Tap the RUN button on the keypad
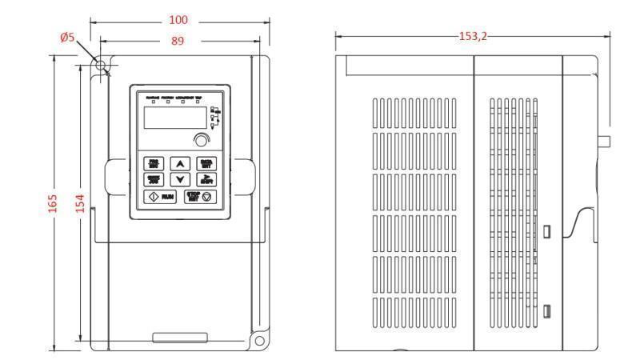[158, 196]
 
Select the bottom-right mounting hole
[260, 341]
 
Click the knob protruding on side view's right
[605, 142]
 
